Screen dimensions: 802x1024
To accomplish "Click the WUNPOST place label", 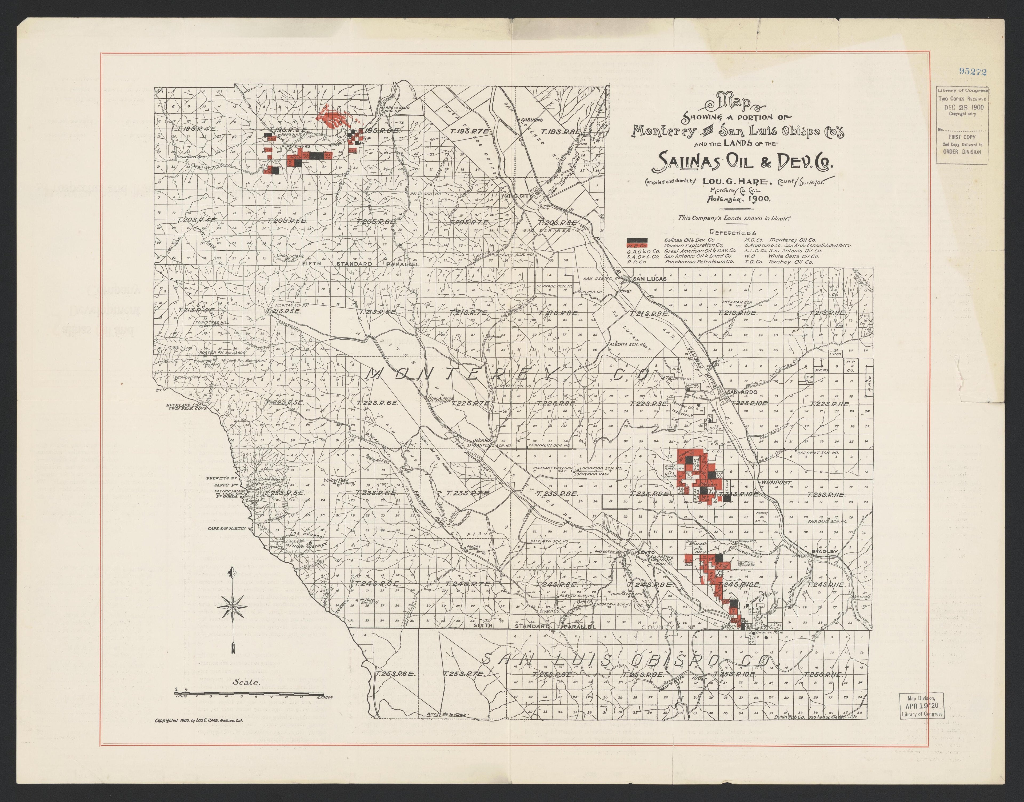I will [777, 482].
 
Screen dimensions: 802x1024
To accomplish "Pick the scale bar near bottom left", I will [249, 693].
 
